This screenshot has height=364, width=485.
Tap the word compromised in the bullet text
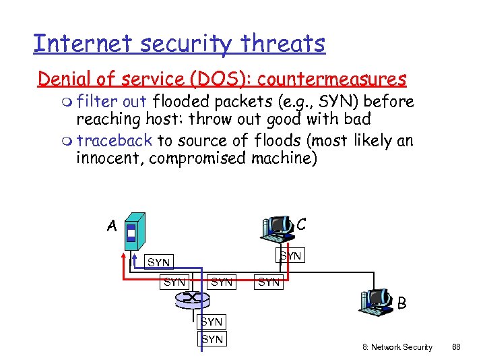197,158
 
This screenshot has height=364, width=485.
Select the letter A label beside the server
112,226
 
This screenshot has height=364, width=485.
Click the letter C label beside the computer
301,223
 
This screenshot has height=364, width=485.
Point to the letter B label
401,303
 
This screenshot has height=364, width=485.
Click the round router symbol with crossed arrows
195,297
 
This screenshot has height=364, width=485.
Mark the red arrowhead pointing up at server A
124,256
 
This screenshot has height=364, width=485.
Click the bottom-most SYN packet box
212,339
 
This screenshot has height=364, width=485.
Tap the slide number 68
456,347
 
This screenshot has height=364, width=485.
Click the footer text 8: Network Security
397,347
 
